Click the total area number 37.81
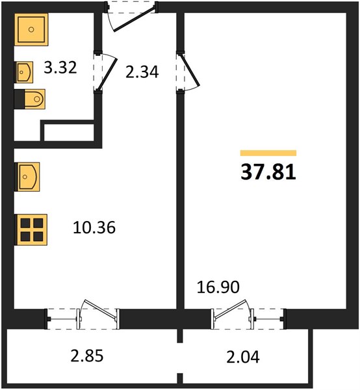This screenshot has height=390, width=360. coord(268,172)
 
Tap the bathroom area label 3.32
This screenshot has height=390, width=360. coord(60,68)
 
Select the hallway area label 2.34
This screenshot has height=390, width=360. coord(142,72)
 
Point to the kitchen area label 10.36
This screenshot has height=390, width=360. coord(94,227)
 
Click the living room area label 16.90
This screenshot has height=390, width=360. coord(218,287)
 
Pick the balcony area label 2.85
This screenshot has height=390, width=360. coord(87,356)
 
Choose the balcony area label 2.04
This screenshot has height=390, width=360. coord(243,357)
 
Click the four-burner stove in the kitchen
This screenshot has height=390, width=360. coord(31,229)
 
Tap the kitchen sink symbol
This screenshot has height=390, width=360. coord(27,177)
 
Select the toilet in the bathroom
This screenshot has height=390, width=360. coord(30,99)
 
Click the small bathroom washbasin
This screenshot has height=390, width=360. coord(24,72)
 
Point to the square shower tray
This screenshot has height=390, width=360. coord(31,30)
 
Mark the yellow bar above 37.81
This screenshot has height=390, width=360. coord(268,153)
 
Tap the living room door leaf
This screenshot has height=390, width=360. coord(190,71)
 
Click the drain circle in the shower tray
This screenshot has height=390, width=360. coord(31,30)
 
